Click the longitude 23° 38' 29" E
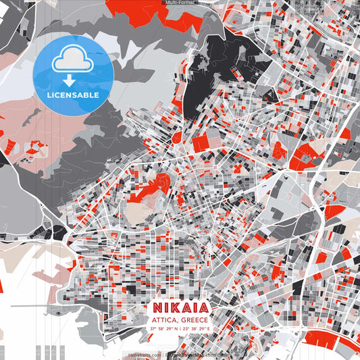point(195,328)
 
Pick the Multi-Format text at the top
point(180,3)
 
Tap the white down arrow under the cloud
point(70,79)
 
